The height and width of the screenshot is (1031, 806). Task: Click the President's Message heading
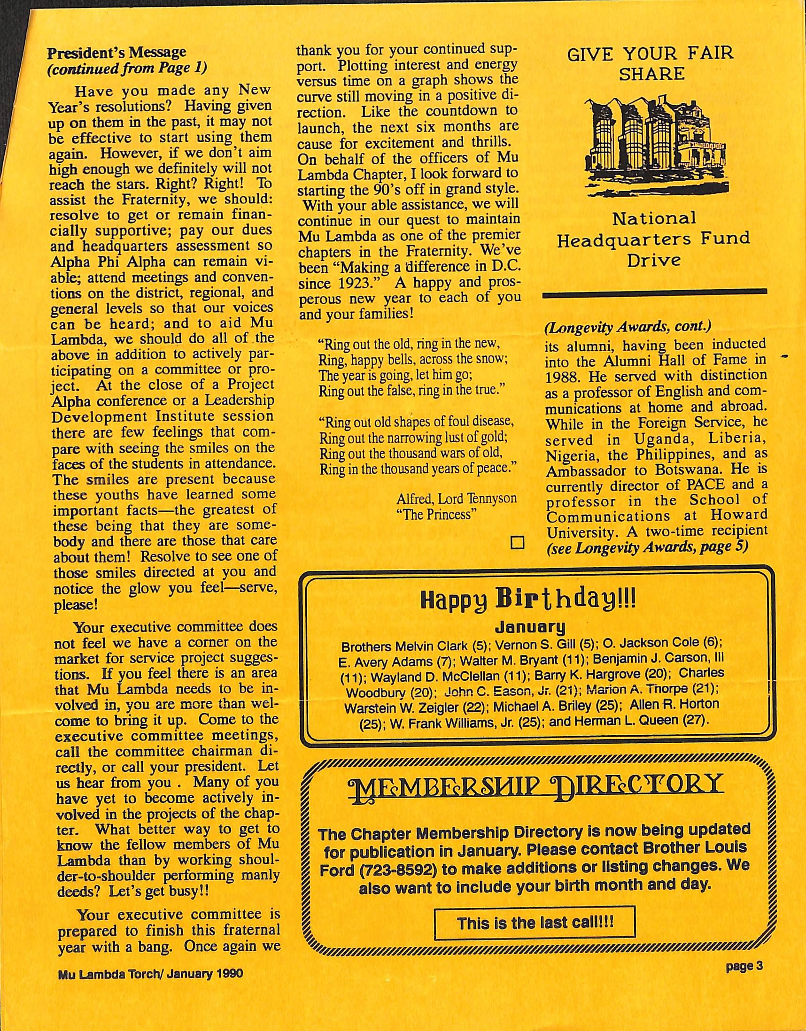coord(116,52)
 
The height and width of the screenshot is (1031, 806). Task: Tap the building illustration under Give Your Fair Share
coord(654,142)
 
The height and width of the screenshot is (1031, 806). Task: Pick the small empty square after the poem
coord(518,543)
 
